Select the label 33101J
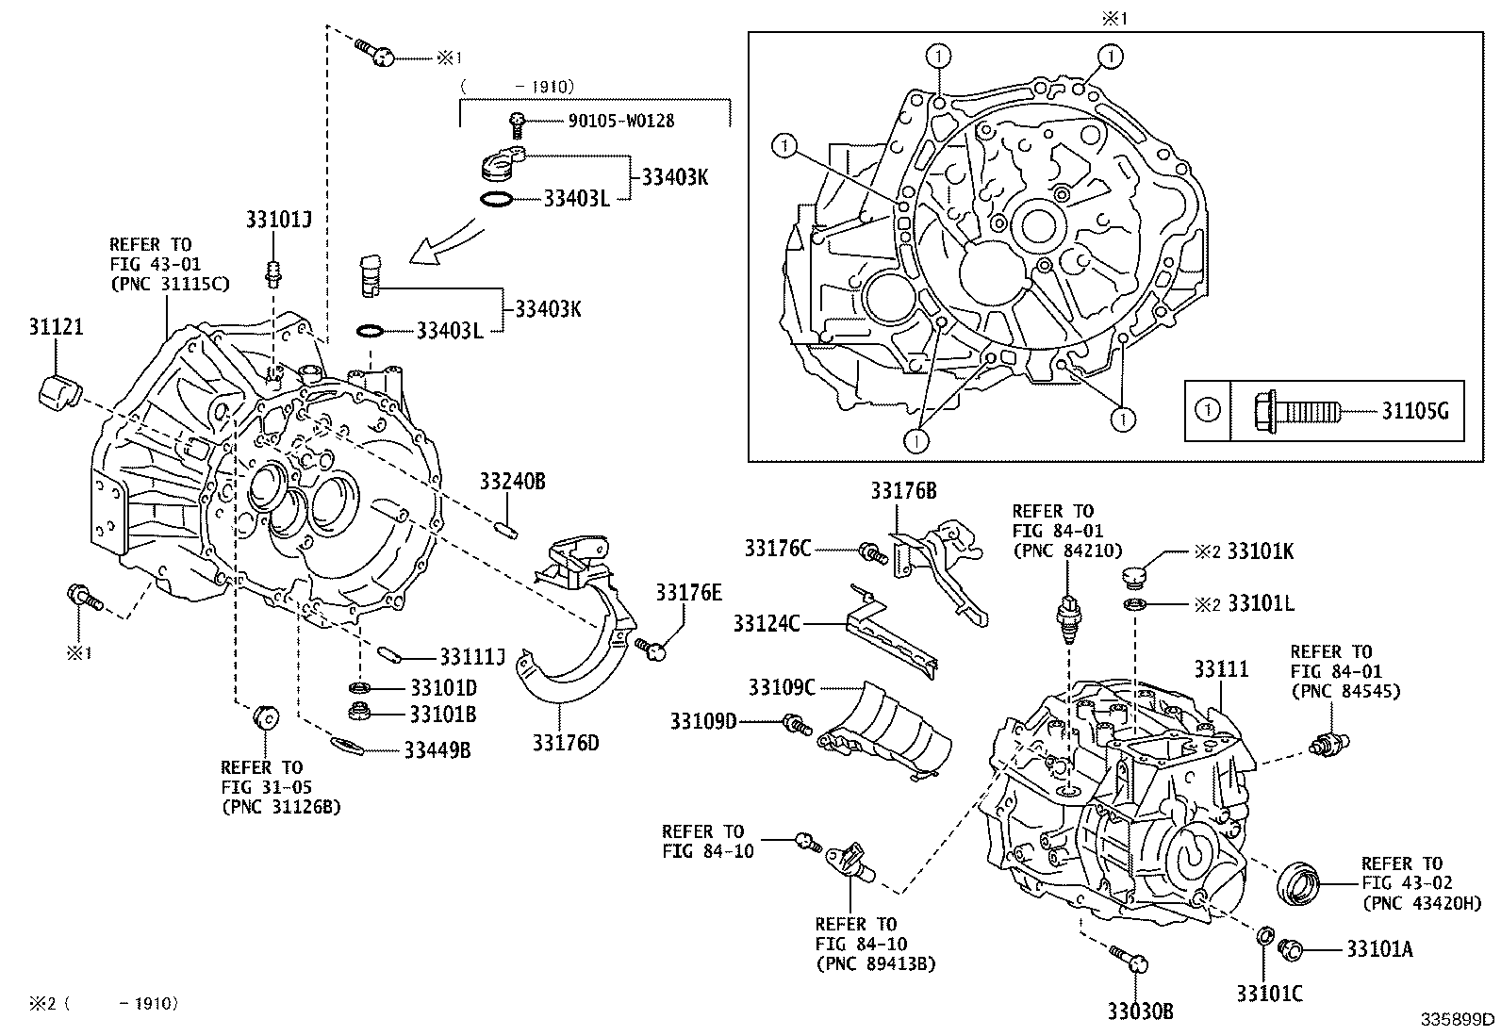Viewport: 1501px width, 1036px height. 279,220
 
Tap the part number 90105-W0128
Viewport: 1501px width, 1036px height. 620,121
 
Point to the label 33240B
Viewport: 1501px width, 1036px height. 512,482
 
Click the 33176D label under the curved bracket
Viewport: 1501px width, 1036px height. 566,743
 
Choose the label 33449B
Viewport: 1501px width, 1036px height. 437,750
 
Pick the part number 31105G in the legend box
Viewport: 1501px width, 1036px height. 1415,411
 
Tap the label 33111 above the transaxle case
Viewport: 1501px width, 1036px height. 1221,669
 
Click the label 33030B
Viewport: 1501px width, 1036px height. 1141,1011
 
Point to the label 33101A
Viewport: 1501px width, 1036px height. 1379,949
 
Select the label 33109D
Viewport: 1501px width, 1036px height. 703,722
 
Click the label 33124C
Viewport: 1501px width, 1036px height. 767,623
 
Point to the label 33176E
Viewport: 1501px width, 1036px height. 689,592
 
